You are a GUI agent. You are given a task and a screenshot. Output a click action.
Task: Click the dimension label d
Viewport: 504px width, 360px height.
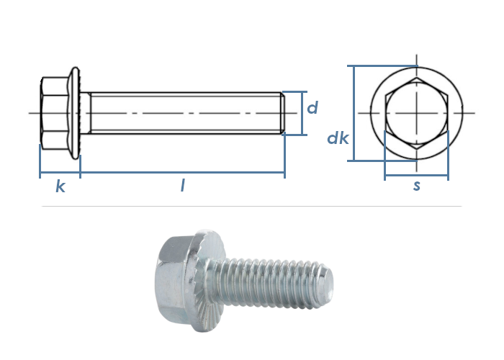pos(312,107)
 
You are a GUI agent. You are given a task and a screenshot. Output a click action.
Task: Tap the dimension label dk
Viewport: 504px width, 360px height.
pos(338,138)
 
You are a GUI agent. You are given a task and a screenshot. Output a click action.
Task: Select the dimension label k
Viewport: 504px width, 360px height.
pos(60,186)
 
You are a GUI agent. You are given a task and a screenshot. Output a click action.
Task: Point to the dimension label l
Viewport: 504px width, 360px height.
pos(183,186)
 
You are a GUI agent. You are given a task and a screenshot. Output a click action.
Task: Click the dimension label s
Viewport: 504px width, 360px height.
pos(417,186)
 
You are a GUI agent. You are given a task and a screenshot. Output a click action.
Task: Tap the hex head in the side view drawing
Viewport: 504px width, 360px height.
pos(55,113)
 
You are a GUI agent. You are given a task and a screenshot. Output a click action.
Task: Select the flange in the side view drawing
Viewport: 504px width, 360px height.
pos(75,113)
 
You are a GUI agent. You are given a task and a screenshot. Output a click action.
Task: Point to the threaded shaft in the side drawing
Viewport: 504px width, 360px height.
pos(186,113)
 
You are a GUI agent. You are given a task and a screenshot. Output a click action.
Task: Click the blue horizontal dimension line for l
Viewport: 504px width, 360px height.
pos(183,173)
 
